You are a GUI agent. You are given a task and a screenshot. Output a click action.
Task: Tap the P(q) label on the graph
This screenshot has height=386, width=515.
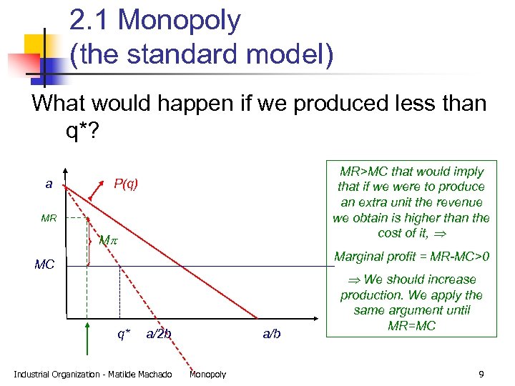126,184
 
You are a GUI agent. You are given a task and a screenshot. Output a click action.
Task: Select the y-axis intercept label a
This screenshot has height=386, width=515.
49,184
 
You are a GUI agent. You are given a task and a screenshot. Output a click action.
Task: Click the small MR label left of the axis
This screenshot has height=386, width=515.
49,217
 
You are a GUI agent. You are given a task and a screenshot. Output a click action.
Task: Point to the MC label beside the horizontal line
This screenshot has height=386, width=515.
44,265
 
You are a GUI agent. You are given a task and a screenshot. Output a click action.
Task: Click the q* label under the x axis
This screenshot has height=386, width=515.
124,333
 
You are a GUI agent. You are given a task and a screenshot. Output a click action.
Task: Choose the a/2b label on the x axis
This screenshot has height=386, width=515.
158,333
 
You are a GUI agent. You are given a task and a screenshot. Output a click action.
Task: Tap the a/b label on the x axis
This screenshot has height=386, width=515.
272,334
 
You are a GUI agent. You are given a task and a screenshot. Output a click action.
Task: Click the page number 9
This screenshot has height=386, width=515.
481,374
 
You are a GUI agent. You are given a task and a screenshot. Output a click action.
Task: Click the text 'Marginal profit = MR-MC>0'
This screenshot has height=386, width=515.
411,256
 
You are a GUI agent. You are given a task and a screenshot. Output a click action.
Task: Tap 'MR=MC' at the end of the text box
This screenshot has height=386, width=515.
411,326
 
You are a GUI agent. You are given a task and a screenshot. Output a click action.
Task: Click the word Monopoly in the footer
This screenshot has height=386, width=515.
207,375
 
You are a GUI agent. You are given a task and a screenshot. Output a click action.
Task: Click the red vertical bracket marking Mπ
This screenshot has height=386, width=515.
89,241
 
